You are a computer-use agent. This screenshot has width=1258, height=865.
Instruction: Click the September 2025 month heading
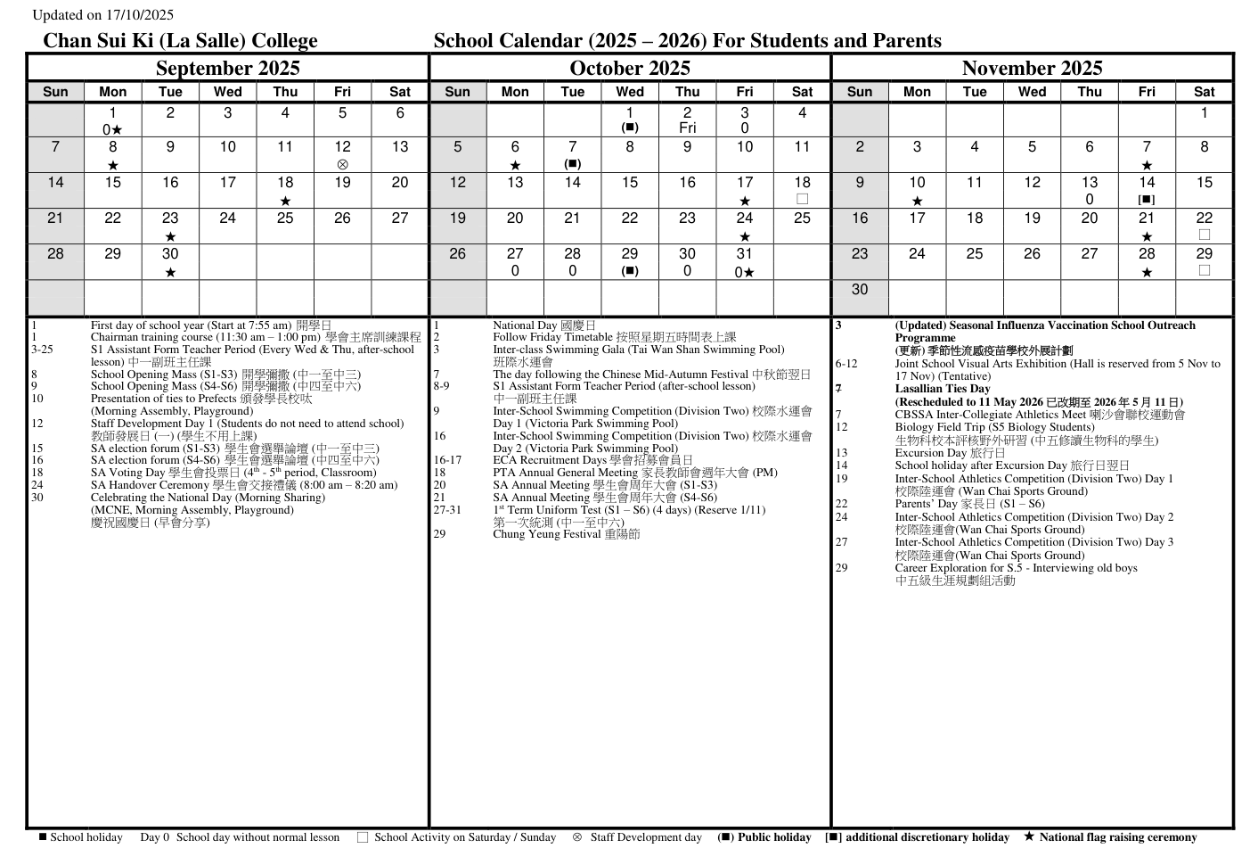click(x=227, y=69)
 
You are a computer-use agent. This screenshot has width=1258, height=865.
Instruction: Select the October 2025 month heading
click(x=630, y=69)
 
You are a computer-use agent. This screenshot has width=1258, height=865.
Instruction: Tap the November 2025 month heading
click(x=1032, y=69)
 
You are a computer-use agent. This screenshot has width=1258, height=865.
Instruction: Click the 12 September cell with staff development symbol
click(x=342, y=154)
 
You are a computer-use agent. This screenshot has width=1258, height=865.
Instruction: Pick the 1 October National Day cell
click(x=630, y=119)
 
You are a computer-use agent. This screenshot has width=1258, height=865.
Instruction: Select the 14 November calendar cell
click(x=1147, y=190)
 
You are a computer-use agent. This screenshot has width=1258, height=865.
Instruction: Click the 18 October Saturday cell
click(x=802, y=190)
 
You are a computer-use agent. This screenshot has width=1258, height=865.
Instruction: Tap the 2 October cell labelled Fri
click(x=687, y=119)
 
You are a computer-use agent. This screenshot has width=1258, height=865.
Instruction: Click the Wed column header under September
click(x=227, y=92)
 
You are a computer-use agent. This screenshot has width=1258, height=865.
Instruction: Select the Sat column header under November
click(x=1204, y=92)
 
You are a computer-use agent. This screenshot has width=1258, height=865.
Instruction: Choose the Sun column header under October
click(x=457, y=92)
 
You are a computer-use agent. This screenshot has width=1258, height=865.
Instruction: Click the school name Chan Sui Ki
click(x=180, y=41)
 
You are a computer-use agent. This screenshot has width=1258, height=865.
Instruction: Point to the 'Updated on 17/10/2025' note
click(x=102, y=15)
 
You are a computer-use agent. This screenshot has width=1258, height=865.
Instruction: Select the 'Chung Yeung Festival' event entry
click(x=566, y=534)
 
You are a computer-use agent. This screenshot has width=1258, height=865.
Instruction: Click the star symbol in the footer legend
click(x=1029, y=837)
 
